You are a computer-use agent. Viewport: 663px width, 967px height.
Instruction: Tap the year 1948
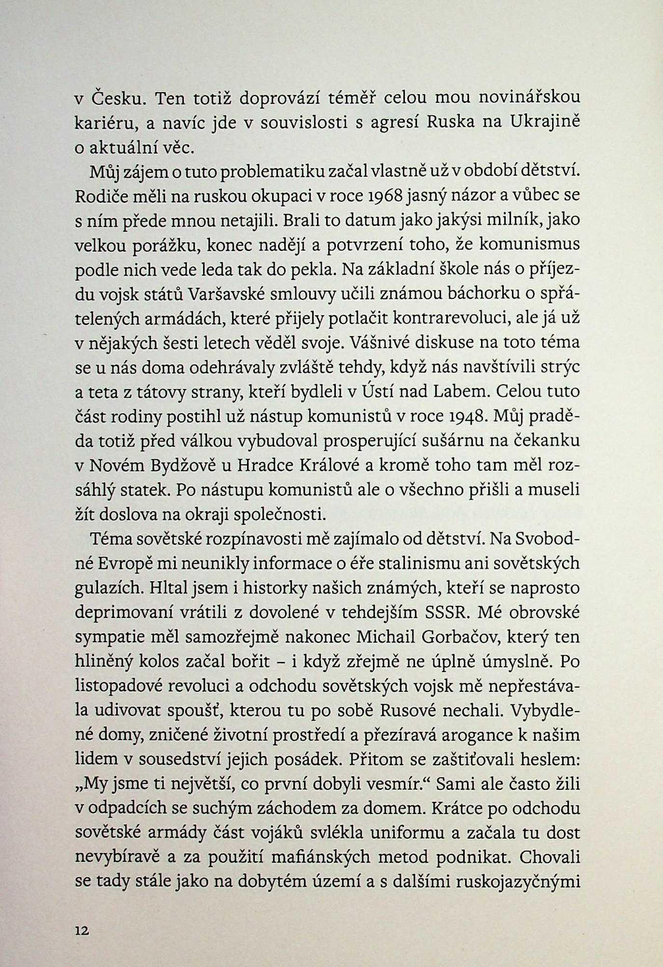(x=460, y=416)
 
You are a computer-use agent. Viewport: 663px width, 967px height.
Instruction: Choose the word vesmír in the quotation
(x=396, y=784)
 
